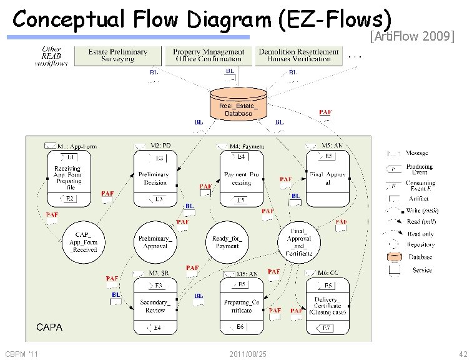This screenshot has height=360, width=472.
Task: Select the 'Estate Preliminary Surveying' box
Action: coord(118,55)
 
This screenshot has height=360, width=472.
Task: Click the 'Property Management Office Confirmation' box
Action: coord(208,55)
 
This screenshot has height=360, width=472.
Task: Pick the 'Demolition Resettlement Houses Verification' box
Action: coord(299,55)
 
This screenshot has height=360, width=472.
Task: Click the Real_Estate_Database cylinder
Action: coord(238,104)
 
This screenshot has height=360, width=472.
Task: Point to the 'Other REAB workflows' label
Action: coord(51,56)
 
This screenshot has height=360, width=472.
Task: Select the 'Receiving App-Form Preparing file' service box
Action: coord(69,178)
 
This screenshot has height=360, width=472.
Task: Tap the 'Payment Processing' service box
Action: coord(241,178)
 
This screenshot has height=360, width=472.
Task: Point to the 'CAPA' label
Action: coord(49,327)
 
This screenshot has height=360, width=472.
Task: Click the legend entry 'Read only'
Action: coord(420,234)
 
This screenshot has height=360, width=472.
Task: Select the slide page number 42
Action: coord(462,354)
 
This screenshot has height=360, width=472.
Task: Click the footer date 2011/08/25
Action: coord(248,354)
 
